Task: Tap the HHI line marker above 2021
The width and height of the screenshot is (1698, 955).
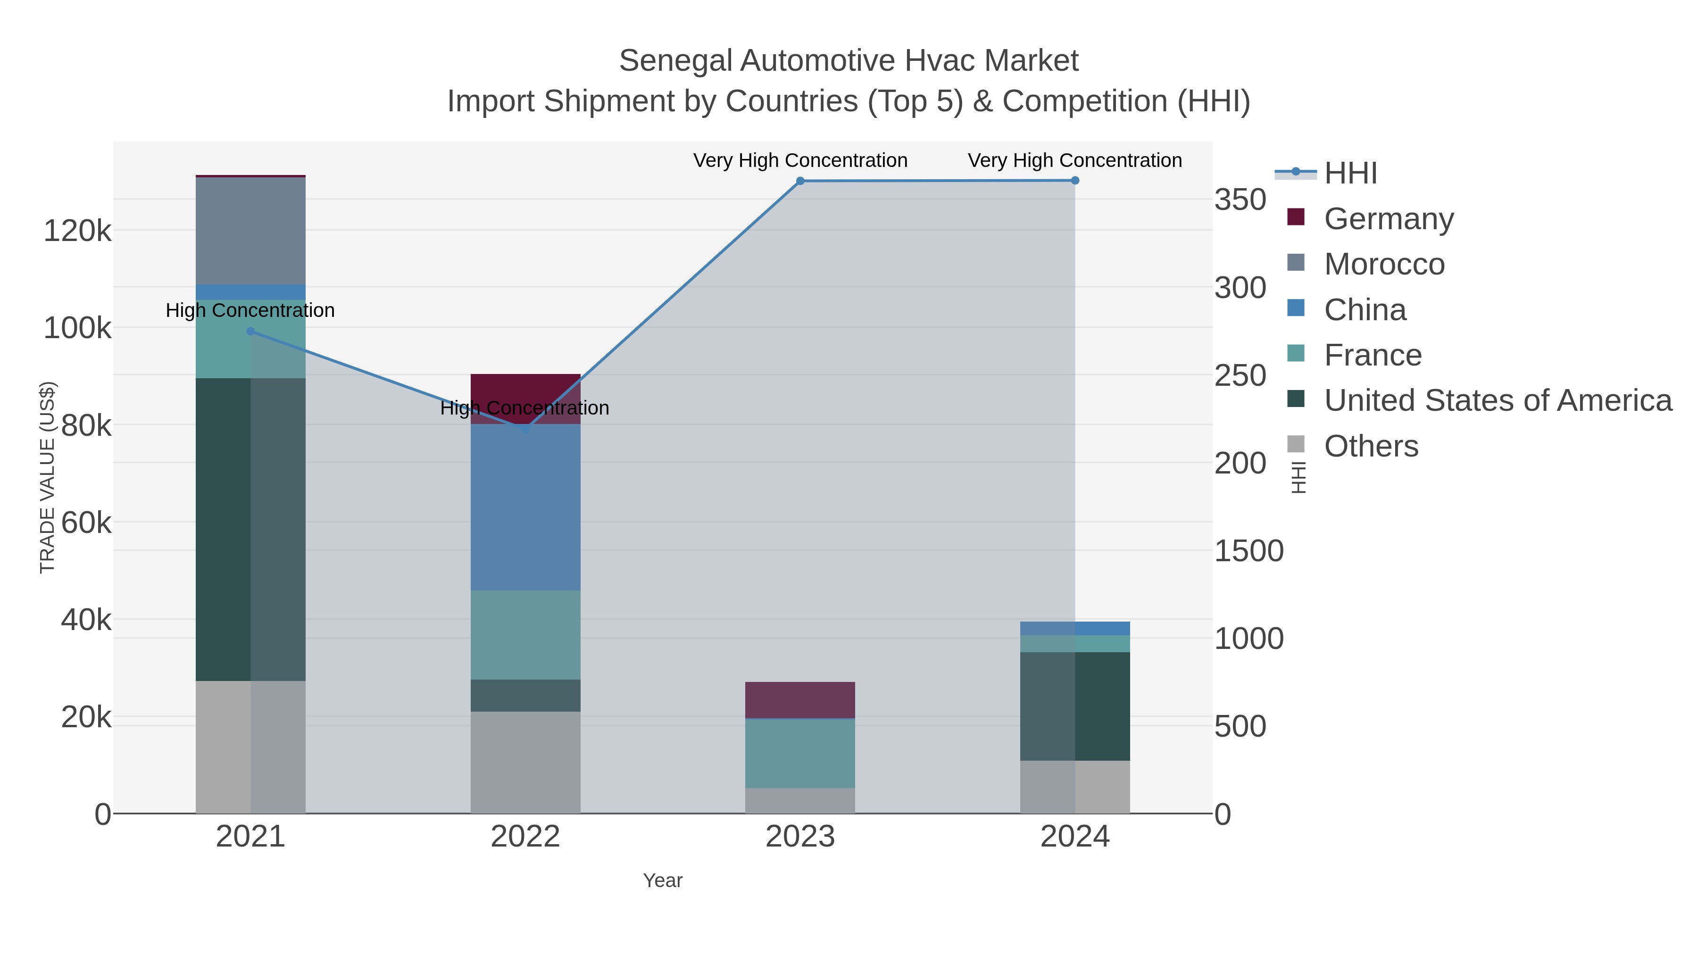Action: (x=250, y=332)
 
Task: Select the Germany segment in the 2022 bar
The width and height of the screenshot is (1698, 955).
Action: (x=525, y=389)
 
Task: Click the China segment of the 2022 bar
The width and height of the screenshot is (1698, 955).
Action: (x=525, y=507)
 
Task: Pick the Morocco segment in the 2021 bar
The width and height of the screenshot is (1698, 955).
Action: (x=250, y=231)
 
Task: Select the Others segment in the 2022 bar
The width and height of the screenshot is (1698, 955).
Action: (x=525, y=763)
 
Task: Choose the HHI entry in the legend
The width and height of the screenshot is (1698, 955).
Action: (x=1350, y=174)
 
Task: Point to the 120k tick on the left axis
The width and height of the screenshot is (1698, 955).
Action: (x=77, y=232)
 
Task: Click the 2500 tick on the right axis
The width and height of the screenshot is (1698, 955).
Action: (x=1240, y=376)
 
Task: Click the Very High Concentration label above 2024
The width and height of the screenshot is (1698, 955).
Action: (x=1074, y=160)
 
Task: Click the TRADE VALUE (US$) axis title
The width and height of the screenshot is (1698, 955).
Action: (x=48, y=477)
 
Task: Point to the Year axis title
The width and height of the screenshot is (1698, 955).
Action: (x=663, y=880)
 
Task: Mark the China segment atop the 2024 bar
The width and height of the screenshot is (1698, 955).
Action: (x=1074, y=628)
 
